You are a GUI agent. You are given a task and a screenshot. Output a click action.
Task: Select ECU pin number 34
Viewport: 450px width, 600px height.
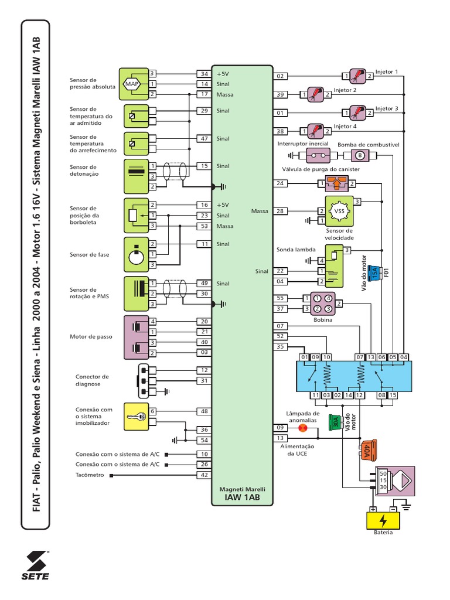click(204, 74)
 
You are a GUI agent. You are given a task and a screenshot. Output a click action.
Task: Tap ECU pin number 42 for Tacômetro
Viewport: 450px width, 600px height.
click(204, 475)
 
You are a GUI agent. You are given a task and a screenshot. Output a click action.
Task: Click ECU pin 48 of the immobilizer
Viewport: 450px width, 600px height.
click(204, 411)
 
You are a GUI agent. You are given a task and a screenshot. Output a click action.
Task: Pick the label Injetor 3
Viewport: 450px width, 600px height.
click(387, 108)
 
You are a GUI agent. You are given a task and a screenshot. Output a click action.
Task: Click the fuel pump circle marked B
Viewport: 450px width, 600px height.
click(360, 155)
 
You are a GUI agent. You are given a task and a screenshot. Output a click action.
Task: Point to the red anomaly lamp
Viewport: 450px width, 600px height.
click(303, 428)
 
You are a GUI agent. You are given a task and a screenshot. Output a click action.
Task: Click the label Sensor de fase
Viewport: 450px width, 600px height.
click(89, 255)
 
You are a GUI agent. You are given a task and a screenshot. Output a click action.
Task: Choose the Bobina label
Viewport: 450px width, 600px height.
click(323, 320)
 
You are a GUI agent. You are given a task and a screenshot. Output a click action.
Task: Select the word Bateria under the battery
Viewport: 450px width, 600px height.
click(383, 533)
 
